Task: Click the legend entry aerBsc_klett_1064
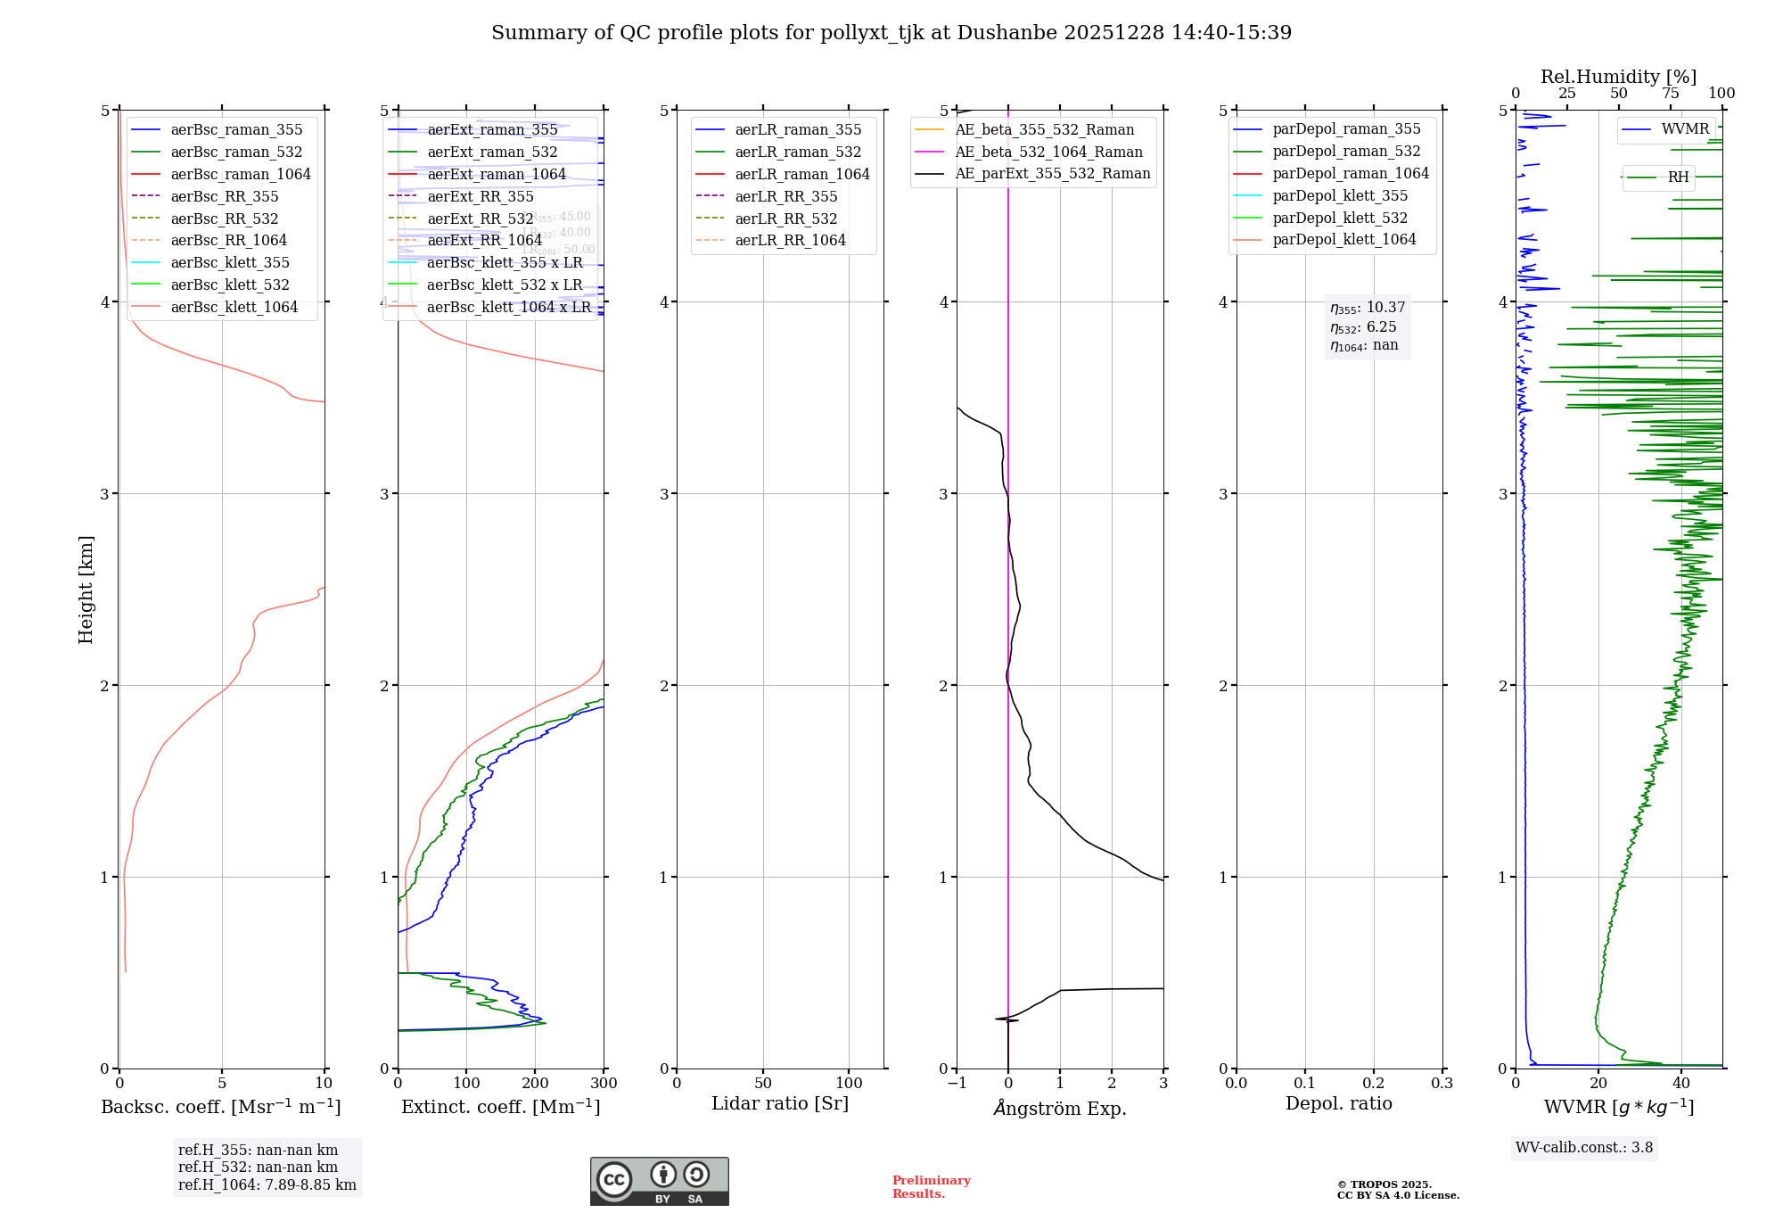coord(234,307)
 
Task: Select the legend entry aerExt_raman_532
coord(492,152)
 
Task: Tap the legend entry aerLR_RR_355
coord(785,196)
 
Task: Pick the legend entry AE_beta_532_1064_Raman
coord(1048,152)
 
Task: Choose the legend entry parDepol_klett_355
coord(1340,195)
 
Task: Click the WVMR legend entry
coord(1685,129)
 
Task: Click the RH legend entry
coord(1678,177)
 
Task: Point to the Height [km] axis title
coord(86,590)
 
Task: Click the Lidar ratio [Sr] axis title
coord(780,1103)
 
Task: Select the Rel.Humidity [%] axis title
coord(1618,77)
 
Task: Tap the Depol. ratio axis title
coord(1338,1103)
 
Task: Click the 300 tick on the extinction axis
coord(604,1083)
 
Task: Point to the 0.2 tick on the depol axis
coord(1374,1083)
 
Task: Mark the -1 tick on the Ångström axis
coord(957,1083)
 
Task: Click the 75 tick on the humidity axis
coord(1670,94)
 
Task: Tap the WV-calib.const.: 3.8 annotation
coord(1584,1147)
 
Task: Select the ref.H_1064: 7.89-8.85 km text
coord(267,1184)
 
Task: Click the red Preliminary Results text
coord(931,1186)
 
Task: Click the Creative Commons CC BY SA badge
coord(659,1181)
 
